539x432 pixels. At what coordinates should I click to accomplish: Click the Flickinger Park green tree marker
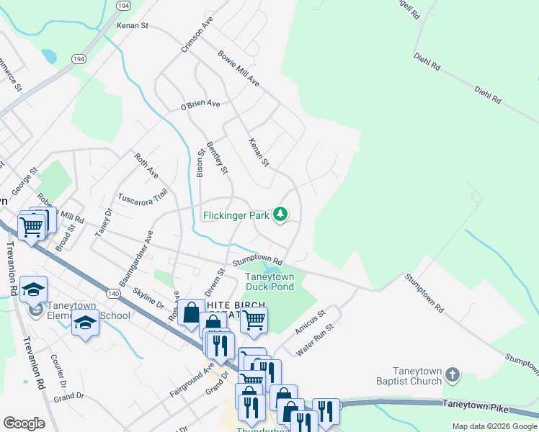[281, 215]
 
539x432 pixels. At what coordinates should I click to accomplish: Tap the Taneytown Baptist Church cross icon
[452, 374]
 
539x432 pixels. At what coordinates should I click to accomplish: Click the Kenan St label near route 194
[132, 26]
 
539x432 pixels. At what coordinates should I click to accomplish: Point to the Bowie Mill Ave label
[239, 68]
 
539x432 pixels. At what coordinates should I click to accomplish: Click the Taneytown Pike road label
[475, 407]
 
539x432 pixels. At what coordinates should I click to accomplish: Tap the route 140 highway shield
[112, 294]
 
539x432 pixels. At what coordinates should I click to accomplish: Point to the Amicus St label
[311, 323]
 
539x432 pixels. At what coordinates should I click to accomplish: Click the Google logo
[24, 423]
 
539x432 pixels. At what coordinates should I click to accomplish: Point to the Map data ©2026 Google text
[494, 426]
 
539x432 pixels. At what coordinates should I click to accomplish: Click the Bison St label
[201, 163]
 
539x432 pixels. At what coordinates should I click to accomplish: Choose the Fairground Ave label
[192, 379]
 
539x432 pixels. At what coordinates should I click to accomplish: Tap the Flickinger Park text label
[236, 215]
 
